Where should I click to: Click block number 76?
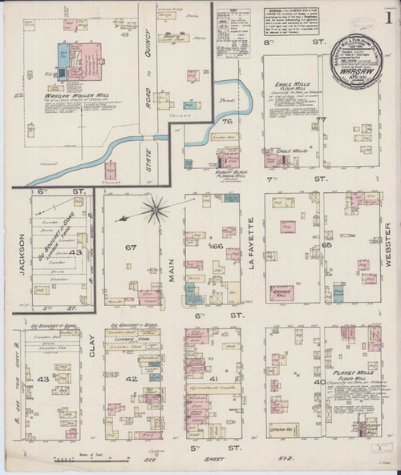228,122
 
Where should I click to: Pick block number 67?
129,248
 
